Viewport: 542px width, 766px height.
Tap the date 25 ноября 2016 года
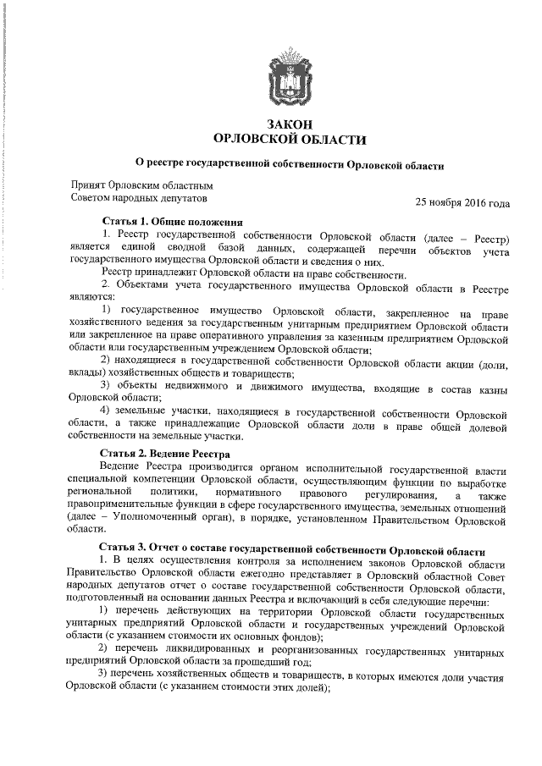[x=462, y=203]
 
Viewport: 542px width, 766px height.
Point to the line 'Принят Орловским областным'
[x=141, y=185]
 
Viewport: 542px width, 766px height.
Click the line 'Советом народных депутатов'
[x=138, y=197]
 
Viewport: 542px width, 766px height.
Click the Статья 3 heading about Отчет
[x=291, y=548]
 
